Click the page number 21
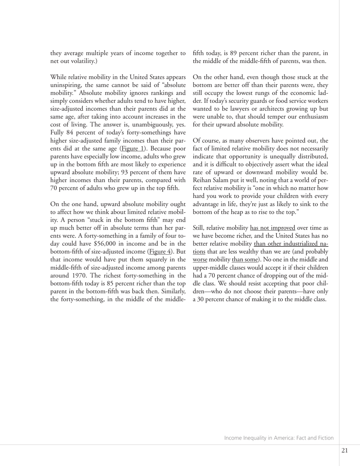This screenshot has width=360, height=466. pos(344,450)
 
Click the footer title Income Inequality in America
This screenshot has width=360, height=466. pos(279,438)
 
